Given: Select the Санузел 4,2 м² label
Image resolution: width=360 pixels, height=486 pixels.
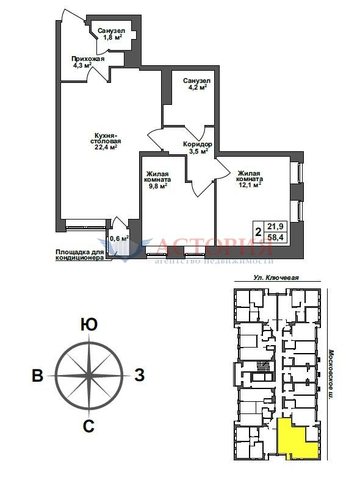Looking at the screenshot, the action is pyautogui.click(x=196, y=84).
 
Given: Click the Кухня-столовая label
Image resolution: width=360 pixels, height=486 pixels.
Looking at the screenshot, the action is pyautogui.click(x=106, y=141).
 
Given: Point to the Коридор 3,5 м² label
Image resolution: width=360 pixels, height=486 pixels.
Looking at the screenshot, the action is pyautogui.click(x=198, y=148).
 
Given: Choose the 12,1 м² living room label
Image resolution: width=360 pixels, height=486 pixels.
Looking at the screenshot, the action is pyautogui.click(x=250, y=179).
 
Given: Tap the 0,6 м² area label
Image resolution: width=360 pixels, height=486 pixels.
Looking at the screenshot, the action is pyautogui.click(x=119, y=238).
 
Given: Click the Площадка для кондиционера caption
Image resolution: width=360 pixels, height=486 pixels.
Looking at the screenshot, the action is pyautogui.click(x=80, y=255).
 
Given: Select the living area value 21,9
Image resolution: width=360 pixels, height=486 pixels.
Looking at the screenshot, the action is pyautogui.click(x=275, y=227).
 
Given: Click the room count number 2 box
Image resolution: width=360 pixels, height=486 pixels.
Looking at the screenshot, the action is pyautogui.click(x=258, y=232).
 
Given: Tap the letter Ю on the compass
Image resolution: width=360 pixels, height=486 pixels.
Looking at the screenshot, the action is pyautogui.click(x=89, y=325).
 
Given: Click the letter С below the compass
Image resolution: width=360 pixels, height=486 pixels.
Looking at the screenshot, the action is pyautogui.click(x=88, y=426).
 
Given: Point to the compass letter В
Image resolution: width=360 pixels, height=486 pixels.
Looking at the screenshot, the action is pyautogui.click(x=37, y=376).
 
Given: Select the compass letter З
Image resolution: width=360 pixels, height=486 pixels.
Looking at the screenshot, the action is pyautogui.click(x=140, y=376).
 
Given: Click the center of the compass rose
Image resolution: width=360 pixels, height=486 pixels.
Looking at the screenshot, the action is pyautogui.click(x=89, y=376).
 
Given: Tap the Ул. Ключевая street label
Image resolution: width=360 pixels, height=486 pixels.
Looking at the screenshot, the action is pyautogui.click(x=276, y=277).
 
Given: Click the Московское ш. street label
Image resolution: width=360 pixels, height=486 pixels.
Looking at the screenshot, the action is pyautogui.click(x=331, y=375).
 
